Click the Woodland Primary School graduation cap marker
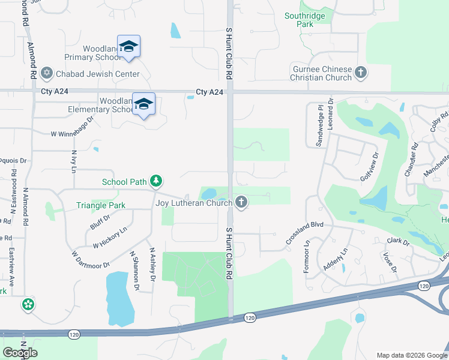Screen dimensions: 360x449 click(x=128, y=47)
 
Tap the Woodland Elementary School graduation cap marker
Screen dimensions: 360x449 click(x=143, y=104)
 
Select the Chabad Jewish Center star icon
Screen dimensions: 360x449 click(x=46, y=74)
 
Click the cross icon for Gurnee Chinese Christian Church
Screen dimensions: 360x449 click(x=361, y=73)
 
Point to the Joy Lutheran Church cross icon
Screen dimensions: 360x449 click(x=241, y=202)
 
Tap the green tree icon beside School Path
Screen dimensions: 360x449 click(x=155, y=181)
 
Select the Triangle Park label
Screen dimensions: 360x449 click(x=100, y=205)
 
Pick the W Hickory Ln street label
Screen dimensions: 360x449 click(x=110, y=238)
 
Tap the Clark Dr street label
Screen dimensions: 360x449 click(x=397, y=241)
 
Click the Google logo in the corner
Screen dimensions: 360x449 click(x=20, y=353)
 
